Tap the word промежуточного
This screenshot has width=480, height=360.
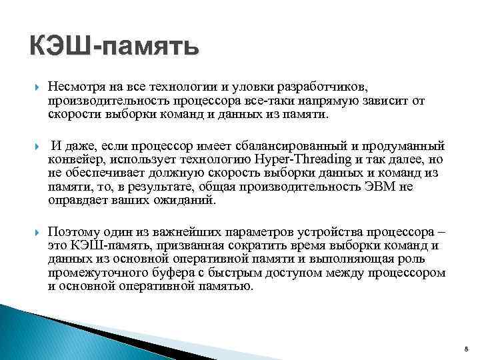(x=103, y=273)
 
